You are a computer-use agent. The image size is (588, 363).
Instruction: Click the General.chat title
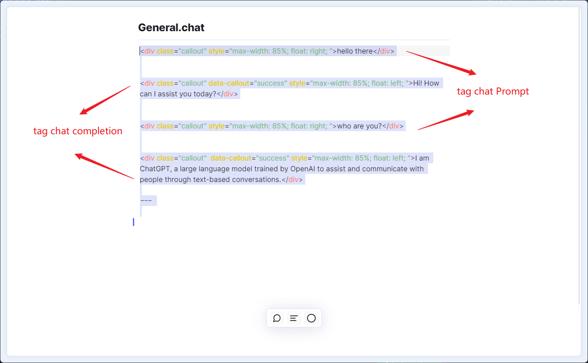171,28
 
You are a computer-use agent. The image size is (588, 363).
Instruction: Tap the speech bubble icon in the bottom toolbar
277,318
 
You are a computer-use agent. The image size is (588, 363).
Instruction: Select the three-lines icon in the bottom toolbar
294,318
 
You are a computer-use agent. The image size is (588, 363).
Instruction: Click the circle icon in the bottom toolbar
312,318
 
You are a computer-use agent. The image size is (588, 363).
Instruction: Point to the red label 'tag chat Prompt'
493,91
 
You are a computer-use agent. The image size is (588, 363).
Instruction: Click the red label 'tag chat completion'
78,131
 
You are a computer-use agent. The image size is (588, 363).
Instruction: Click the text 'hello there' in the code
354,51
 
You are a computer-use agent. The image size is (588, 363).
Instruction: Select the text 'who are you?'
359,126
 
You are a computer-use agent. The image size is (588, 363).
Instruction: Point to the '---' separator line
146,201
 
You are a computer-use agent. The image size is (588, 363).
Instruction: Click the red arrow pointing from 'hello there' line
441,63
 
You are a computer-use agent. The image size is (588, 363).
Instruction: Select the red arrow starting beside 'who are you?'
446,120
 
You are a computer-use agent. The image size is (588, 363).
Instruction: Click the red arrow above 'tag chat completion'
105,100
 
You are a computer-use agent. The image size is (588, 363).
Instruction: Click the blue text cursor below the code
133,222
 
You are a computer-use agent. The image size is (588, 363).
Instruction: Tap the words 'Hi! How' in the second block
426,83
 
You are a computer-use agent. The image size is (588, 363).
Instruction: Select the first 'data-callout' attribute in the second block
229,83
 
